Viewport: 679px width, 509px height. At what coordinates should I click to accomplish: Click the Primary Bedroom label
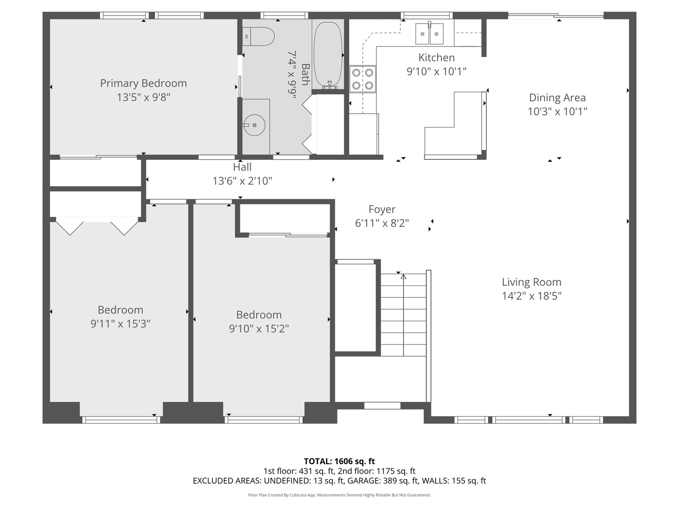point(143,83)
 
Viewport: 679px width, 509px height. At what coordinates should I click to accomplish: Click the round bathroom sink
point(255,125)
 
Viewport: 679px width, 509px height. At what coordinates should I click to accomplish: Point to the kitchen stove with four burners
point(363,79)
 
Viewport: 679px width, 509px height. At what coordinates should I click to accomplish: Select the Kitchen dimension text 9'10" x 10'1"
point(437,72)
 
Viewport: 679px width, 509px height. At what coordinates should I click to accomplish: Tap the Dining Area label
point(557,98)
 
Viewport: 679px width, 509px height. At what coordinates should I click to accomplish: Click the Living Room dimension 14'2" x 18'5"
point(531,296)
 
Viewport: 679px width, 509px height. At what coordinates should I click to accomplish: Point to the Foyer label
point(382,209)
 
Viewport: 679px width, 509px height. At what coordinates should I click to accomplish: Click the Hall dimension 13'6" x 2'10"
point(242,181)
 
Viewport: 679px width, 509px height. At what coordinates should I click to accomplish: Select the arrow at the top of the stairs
point(403,277)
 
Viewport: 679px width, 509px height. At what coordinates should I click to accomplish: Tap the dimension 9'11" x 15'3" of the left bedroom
point(120,324)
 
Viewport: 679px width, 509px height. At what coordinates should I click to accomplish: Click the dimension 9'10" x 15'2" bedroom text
point(259,328)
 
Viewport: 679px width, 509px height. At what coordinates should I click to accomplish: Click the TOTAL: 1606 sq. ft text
point(339,461)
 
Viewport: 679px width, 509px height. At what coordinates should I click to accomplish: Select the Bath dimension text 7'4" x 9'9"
point(292,75)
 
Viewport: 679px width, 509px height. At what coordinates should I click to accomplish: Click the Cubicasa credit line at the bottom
point(339,495)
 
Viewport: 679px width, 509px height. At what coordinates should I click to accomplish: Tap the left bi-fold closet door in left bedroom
point(70,226)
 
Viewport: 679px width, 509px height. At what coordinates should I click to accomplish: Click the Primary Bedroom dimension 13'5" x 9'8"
point(143,98)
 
